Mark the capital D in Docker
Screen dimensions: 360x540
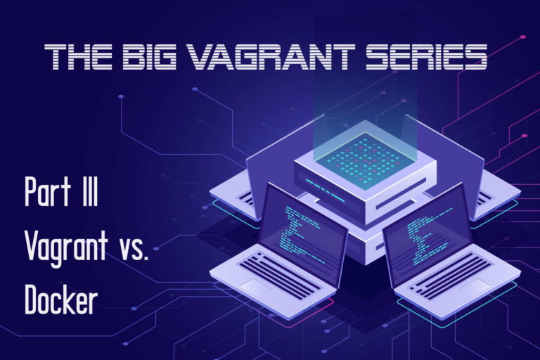pyautogui.click(x=31, y=298)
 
